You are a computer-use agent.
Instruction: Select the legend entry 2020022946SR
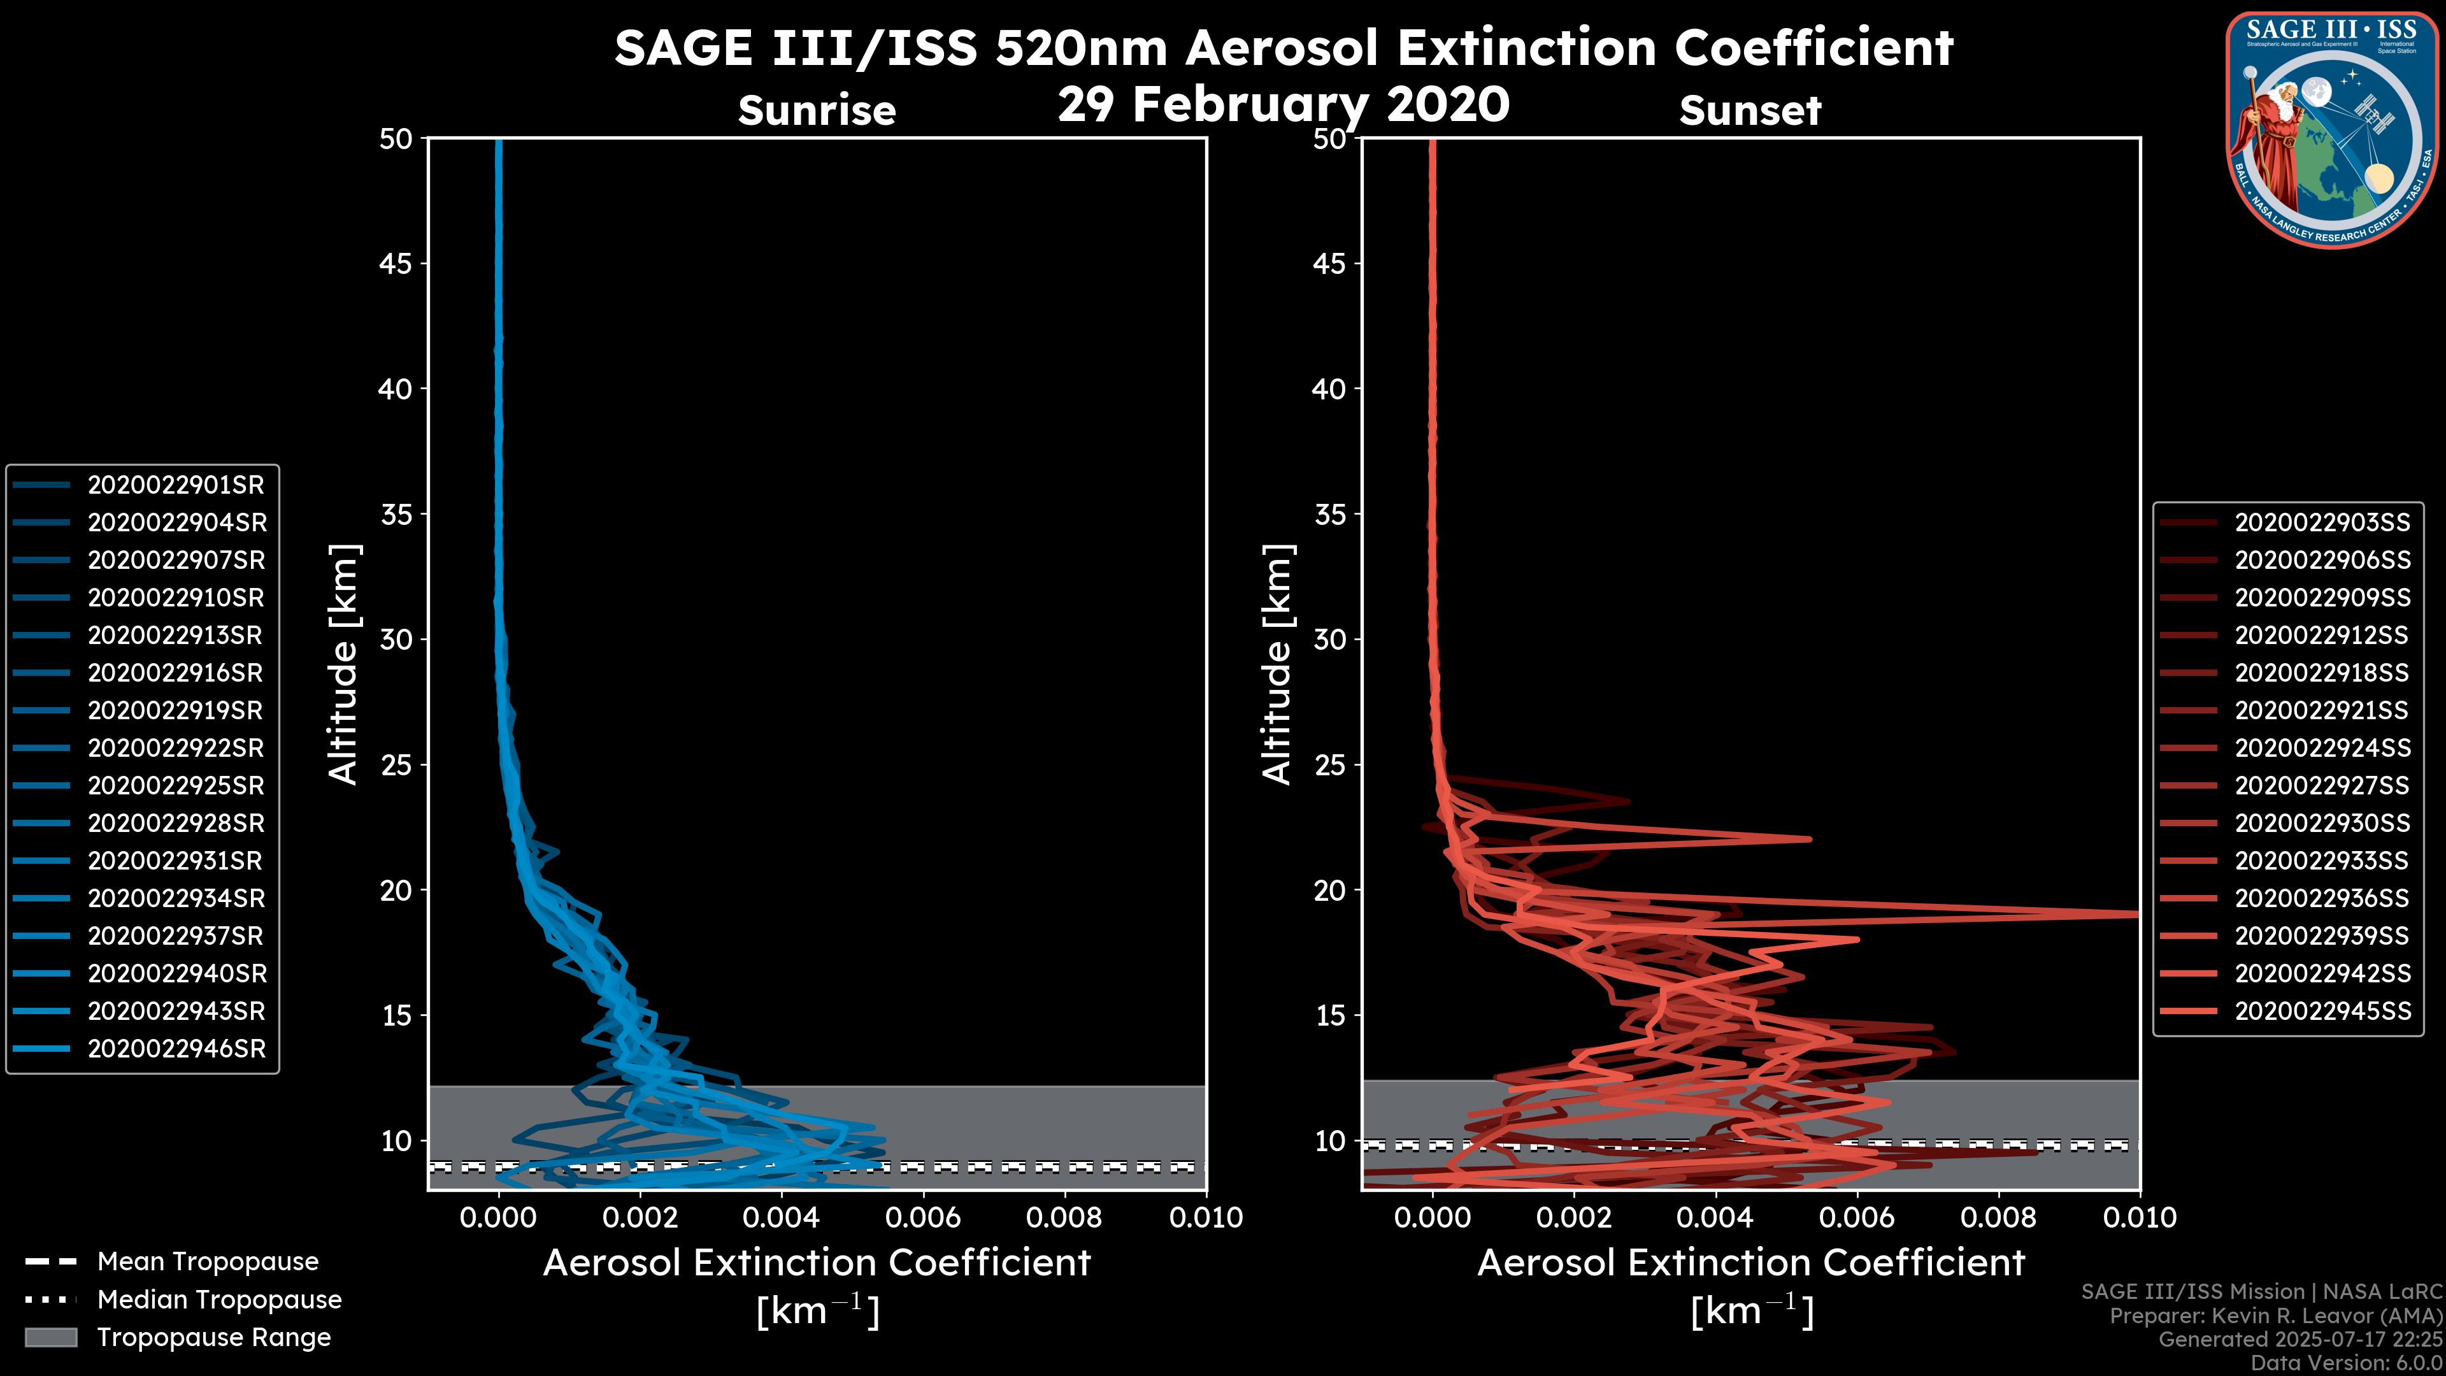click(176, 1049)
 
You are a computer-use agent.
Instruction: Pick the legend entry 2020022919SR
click(176, 710)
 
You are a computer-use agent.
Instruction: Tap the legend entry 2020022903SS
click(2322, 522)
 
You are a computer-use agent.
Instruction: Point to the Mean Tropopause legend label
click(207, 1262)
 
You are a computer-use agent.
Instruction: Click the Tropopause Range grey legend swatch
click(50, 1337)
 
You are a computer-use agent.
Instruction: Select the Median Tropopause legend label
click(218, 1299)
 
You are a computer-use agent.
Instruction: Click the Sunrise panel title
click(817, 111)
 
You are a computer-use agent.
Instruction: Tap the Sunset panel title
click(1750, 111)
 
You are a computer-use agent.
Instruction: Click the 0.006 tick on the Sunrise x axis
click(922, 1217)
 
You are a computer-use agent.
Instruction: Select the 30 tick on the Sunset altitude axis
click(1330, 639)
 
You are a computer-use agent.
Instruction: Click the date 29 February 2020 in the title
click(1283, 104)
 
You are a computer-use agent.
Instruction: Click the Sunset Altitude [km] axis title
click(1277, 664)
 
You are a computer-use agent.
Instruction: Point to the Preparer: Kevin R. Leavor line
click(2276, 1316)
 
